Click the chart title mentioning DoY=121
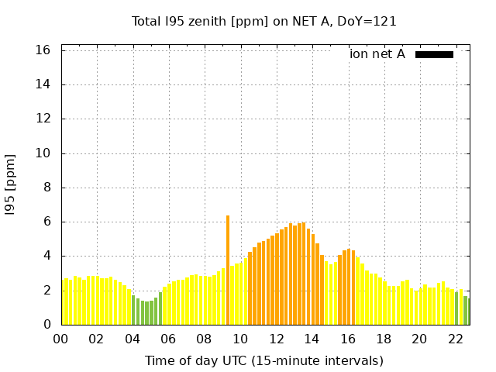tap(263, 22)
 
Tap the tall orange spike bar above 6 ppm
tap(228, 270)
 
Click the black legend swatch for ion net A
tap(434, 54)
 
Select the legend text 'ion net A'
tap(377, 54)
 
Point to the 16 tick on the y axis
tap(43, 50)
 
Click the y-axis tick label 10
tap(43, 153)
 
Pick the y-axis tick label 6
tap(46, 222)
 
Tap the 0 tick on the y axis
tap(46, 324)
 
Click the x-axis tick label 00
tap(60, 339)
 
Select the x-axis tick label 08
tap(204, 339)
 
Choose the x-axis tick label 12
tap(277, 339)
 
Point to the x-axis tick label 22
tap(456, 339)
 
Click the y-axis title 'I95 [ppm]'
tap(10, 185)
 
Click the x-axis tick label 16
tap(348, 339)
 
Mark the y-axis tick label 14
tap(43, 84)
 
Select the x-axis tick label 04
tap(133, 339)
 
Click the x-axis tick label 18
tap(384, 339)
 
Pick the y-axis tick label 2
tap(46, 290)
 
